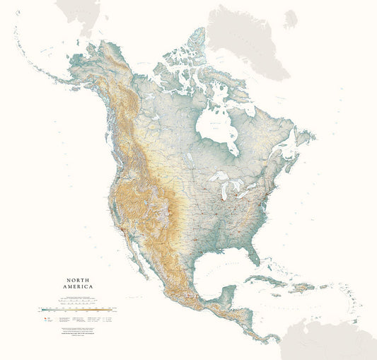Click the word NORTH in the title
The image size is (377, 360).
tap(71, 279)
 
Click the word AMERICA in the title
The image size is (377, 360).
tap(71, 289)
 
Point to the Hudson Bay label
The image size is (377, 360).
tap(216, 128)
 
